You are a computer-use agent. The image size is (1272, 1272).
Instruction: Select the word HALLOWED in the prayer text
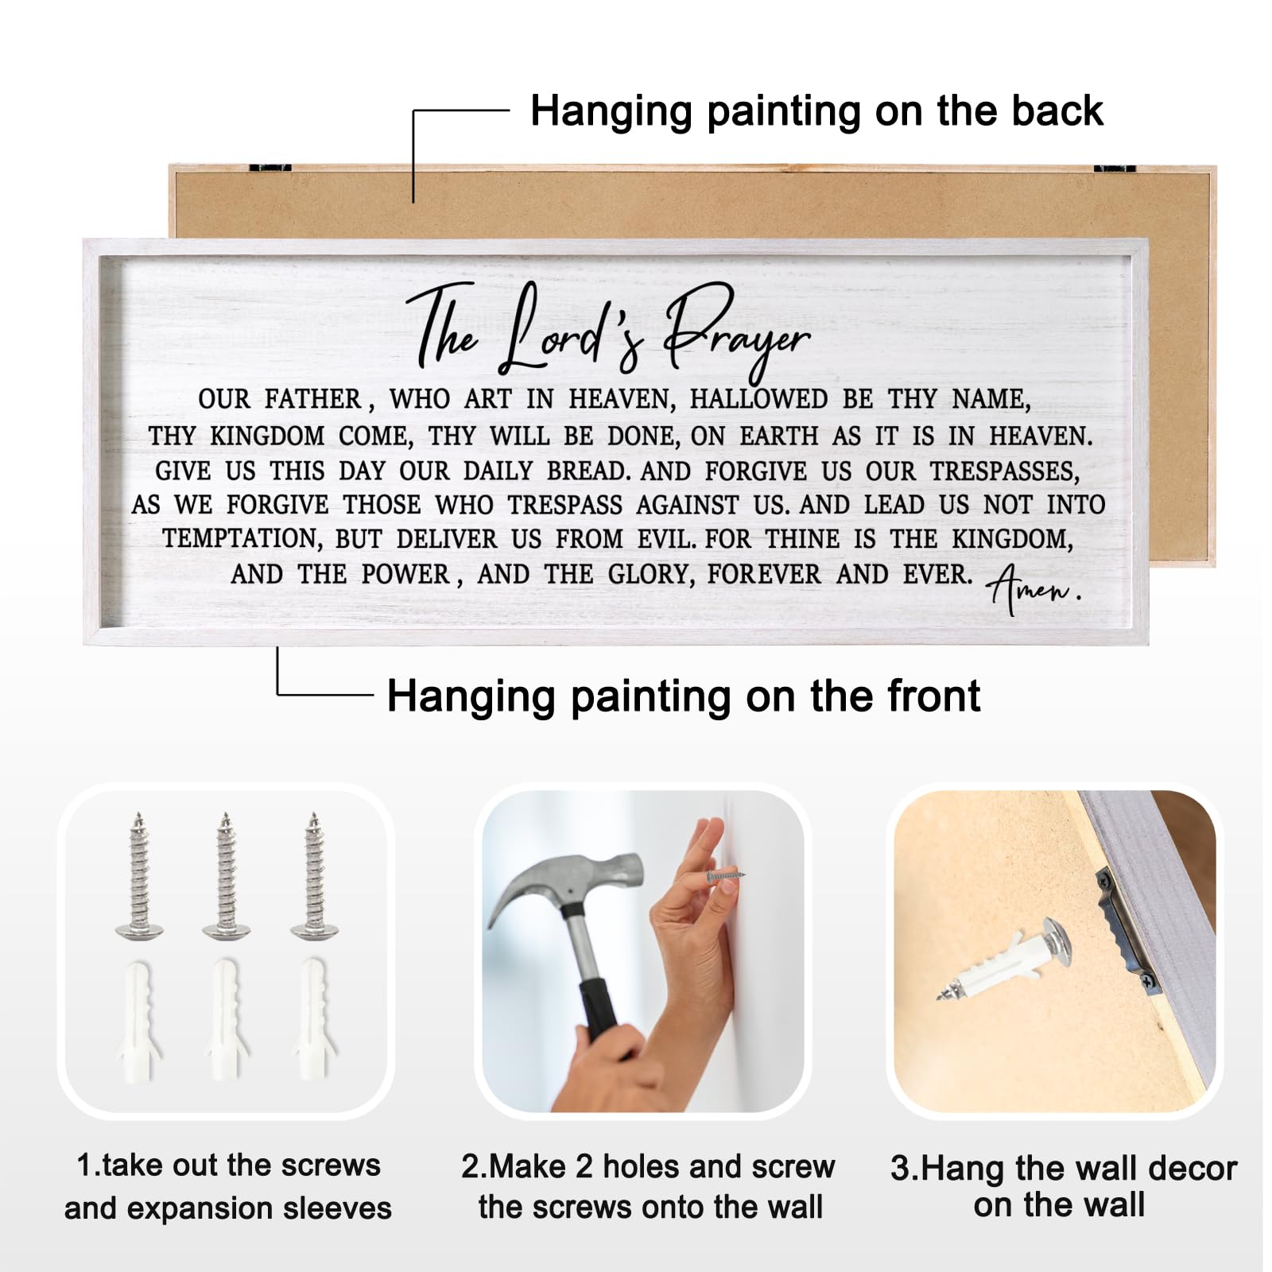(x=758, y=399)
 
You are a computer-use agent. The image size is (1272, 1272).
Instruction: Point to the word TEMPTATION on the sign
(x=242, y=540)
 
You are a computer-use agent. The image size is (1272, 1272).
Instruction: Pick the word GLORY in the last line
(x=652, y=575)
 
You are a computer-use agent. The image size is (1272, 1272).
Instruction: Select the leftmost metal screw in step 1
(x=139, y=874)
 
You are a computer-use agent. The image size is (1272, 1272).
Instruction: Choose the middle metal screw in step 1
(x=227, y=874)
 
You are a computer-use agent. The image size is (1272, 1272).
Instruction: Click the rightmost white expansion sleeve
(x=314, y=1019)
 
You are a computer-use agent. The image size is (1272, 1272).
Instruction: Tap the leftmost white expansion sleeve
(x=139, y=1019)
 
